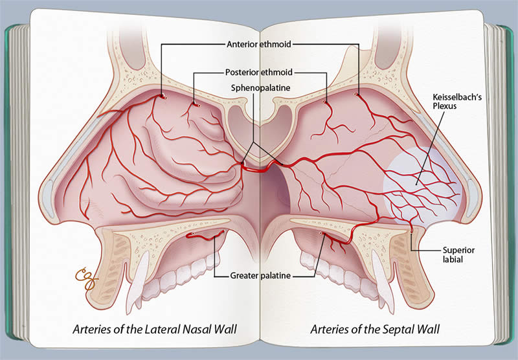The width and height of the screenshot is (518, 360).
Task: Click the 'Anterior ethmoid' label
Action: tap(259, 45)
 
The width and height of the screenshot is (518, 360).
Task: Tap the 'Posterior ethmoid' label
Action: tap(259, 72)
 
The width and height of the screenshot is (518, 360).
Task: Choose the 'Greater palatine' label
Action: tap(259, 276)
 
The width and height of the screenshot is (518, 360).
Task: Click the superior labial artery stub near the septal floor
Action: tap(411, 229)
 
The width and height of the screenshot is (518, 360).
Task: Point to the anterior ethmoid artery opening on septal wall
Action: tap(355, 95)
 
